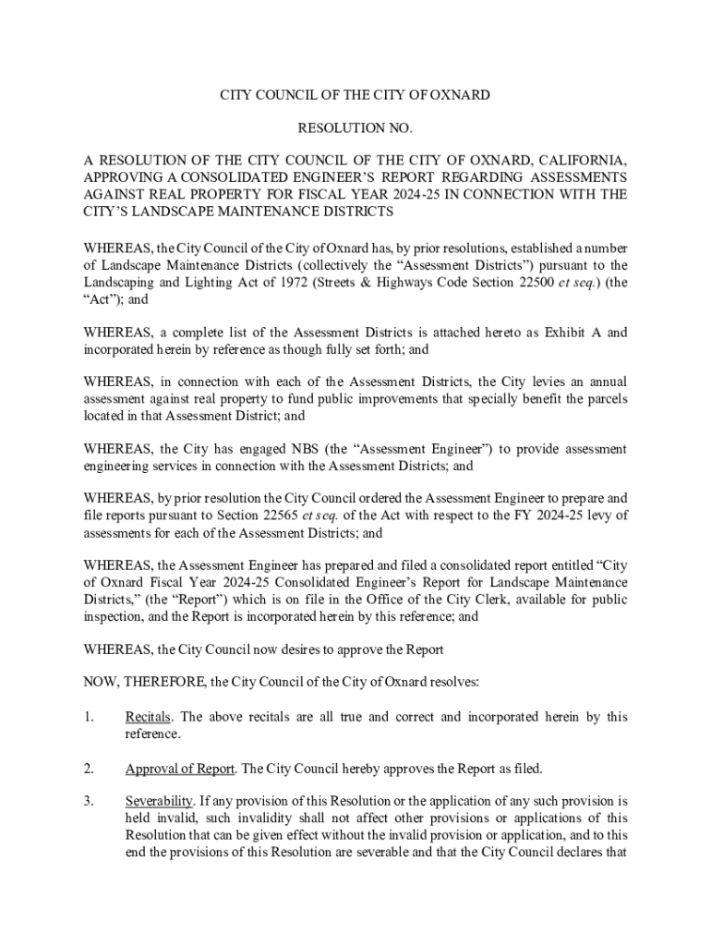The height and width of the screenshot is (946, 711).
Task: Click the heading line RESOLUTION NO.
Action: [x=355, y=127]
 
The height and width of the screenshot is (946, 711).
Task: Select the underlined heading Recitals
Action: [x=148, y=717]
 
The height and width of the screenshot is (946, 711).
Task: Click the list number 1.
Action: [x=89, y=717]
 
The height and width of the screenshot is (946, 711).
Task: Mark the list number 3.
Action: [x=89, y=801]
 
